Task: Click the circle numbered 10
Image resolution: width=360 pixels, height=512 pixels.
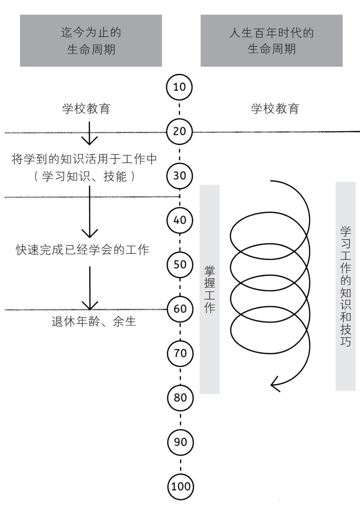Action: click(179, 87)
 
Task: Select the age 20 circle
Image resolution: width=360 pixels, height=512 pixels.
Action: click(179, 131)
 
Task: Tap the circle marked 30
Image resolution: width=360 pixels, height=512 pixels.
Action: click(180, 175)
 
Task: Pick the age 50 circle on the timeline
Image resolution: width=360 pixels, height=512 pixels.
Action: click(180, 264)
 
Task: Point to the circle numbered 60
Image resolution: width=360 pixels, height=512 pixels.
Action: click(180, 309)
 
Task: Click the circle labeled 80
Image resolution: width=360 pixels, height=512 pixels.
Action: click(180, 397)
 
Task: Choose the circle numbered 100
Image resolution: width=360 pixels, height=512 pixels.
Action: click(181, 486)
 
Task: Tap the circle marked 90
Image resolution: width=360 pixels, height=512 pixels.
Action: click(180, 442)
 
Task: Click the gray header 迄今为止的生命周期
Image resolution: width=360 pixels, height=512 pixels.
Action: click(91, 41)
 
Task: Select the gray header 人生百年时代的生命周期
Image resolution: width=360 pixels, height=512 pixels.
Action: click(271, 41)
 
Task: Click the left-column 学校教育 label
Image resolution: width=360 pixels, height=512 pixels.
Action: click(86, 109)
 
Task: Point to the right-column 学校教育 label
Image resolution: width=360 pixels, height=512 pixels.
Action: click(275, 109)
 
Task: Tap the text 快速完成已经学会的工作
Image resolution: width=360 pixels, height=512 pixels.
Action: click(83, 249)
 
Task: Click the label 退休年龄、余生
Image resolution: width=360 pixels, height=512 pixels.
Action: click(94, 321)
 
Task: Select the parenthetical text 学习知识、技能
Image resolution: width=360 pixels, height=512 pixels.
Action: click(85, 176)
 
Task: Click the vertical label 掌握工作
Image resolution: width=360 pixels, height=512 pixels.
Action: click(210, 289)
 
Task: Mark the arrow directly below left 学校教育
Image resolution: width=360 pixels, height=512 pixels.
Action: click(89, 133)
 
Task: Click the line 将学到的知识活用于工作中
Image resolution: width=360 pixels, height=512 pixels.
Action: click(84, 159)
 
